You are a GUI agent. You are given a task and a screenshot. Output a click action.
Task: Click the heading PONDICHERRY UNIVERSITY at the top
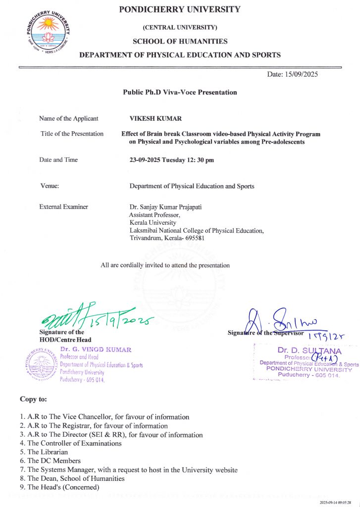point(179,9)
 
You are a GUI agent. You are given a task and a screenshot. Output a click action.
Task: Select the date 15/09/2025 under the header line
point(292,74)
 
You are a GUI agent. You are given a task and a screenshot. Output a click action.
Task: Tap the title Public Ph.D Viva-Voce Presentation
point(180,92)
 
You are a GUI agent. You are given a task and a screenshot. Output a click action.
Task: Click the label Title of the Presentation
point(72,134)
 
